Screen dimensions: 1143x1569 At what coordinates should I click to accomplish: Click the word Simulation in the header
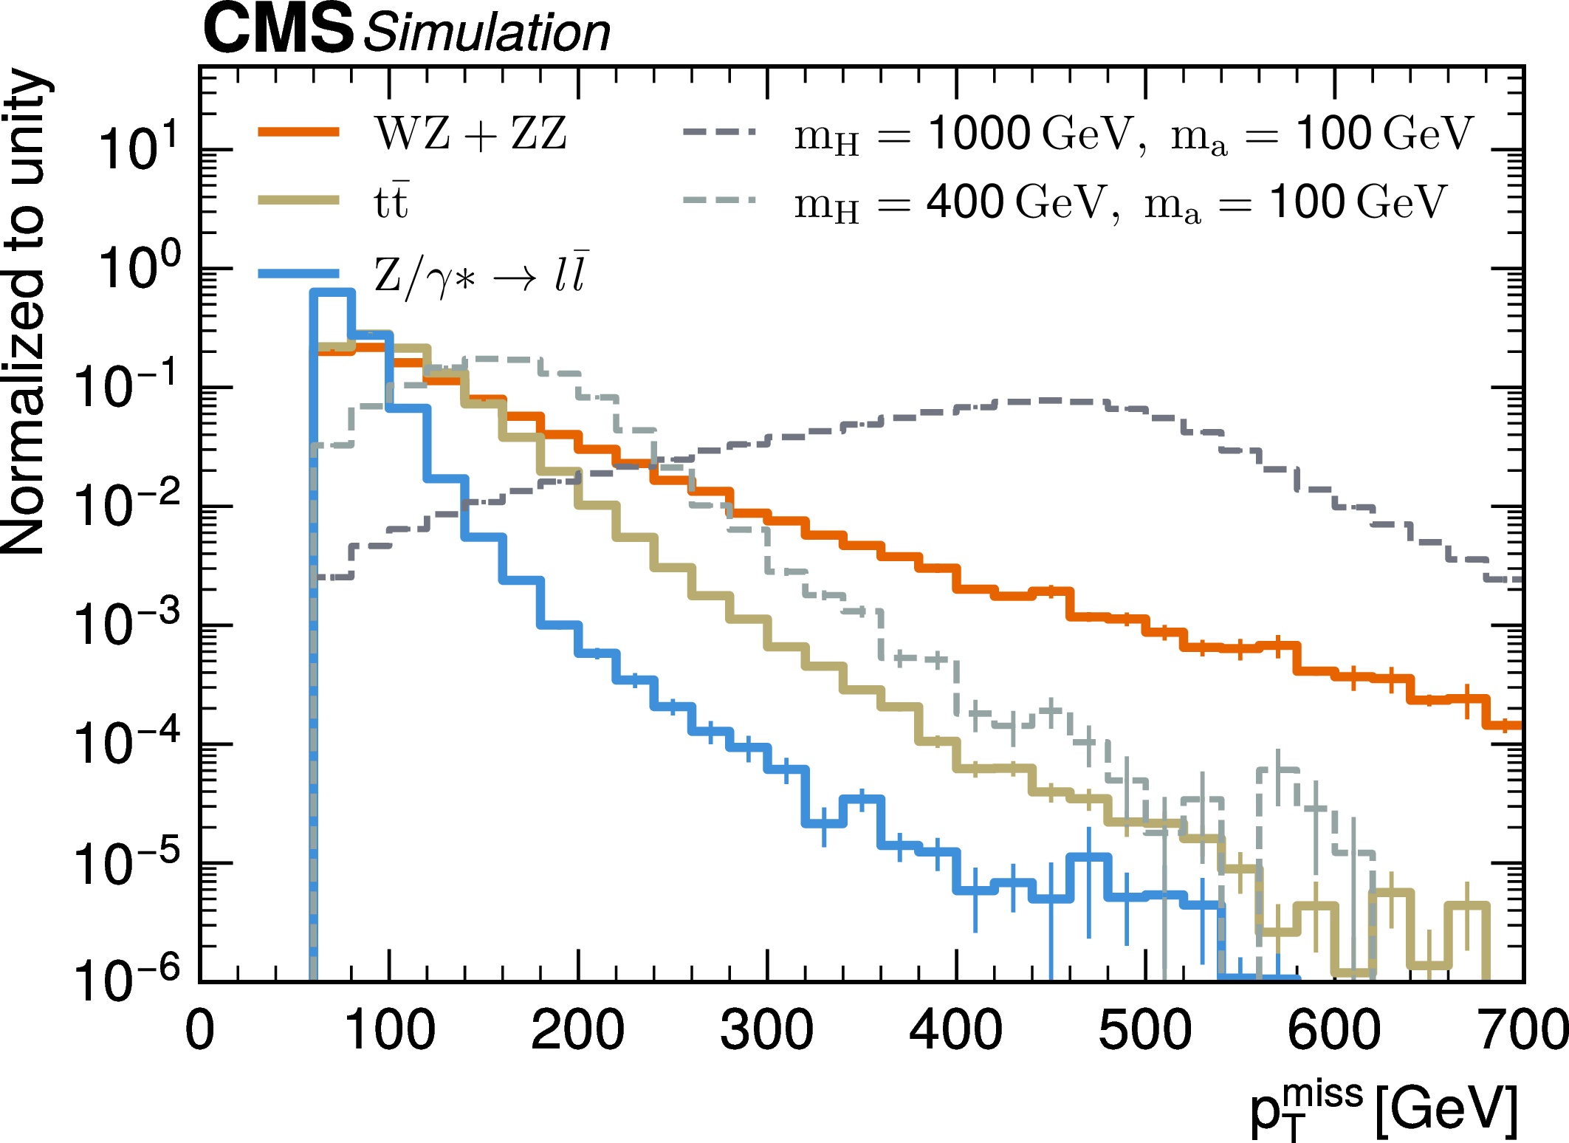pyautogui.click(x=487, y=32)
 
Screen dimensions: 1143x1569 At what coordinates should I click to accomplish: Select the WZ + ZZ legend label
pyautogui.click(x=470, y=134)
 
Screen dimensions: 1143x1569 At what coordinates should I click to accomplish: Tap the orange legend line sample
pyautogui.click(x=298, y=132)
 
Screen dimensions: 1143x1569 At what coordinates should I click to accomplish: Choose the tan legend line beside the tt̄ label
pyautogui.click(x=298, y=200)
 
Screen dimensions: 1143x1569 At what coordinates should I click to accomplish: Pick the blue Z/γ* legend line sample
pyautogui.click(x=298, y=273)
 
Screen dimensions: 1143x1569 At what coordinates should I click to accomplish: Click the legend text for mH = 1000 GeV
pyautogui.click(x=1133, y=135)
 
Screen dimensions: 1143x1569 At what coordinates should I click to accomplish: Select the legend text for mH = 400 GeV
pyautogui.click(x=1119, y=202)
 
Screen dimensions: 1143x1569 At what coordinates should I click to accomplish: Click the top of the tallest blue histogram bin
pyautogui.click(x=332, y=292)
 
